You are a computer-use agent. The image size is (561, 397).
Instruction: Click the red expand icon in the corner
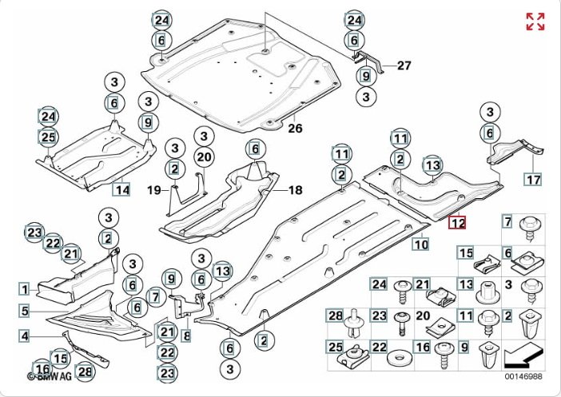point(535,22)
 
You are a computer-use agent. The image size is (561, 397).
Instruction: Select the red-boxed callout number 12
point(458,222)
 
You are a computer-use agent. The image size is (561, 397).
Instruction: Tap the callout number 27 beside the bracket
point(404,66)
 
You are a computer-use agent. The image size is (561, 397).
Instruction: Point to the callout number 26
point(295,128)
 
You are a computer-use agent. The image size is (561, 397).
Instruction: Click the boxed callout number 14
point(121,189)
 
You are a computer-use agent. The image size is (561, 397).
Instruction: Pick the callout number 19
point(154,190)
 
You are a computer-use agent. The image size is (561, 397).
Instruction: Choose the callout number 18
point(296,190)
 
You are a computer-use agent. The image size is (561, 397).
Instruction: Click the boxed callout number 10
point(420,244)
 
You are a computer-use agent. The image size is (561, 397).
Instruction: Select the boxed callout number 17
point(533,179)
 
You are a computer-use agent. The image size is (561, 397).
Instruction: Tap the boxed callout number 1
point(24,289)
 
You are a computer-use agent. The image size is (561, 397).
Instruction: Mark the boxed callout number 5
point(24,311)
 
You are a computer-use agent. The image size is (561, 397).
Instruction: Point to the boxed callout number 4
point(24,335)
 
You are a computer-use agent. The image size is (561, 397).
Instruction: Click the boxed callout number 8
point(186,335)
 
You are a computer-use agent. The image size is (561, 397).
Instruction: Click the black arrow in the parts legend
point(524,355)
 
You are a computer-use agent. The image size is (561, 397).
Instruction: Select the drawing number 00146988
point(523,376)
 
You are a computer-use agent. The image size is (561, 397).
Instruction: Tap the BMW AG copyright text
point(50,376)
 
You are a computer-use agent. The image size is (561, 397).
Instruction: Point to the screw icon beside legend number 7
point(529,228)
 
